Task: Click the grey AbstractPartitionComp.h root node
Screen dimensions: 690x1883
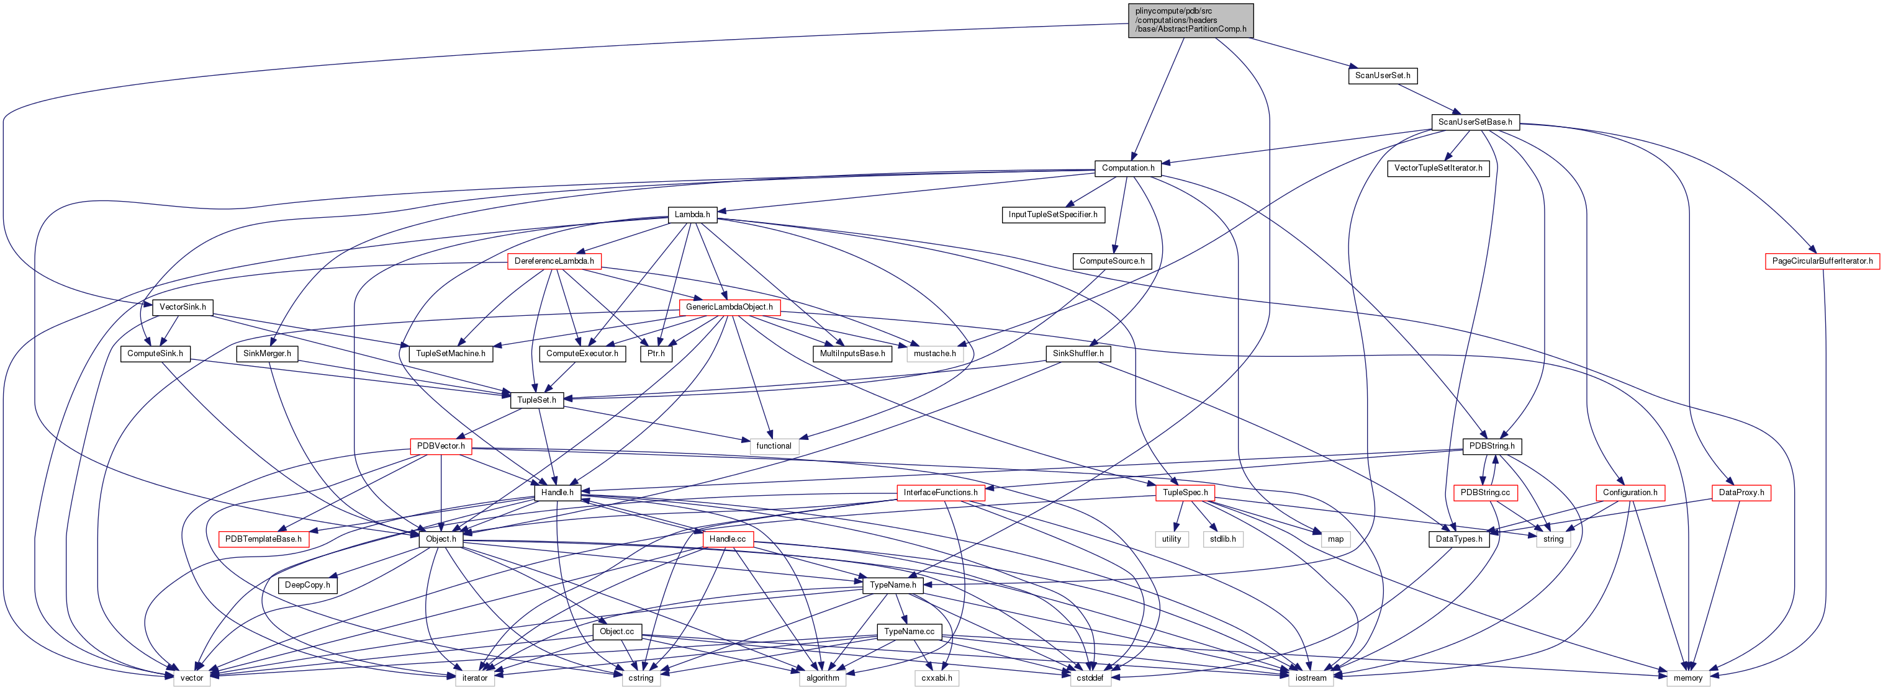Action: coord(1190,20)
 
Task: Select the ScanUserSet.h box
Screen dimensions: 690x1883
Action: coord(1382,75)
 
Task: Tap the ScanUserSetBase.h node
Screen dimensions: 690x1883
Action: coord(1474,122)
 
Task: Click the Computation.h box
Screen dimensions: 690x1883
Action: coord(1128,168)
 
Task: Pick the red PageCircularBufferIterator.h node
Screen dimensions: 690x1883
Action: coord(1822,261)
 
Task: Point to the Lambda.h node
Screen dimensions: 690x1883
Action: coord(692,214)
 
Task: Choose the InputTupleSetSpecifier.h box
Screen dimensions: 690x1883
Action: coord(1052,214)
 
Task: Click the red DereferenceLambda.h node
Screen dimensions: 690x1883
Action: coord(554,261)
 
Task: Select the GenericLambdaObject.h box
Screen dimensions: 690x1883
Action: coord(729,307)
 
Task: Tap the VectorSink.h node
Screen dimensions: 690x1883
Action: coord(183,307)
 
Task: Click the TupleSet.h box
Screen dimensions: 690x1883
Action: coord(536,400)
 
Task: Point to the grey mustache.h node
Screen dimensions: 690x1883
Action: coord(934,354)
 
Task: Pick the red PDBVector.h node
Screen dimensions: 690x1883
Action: coord(441,446)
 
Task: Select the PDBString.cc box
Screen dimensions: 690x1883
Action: coord(1484,493)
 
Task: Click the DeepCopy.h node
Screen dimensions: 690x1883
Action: coord(307,585)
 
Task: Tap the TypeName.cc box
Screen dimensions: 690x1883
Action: coord(909,632)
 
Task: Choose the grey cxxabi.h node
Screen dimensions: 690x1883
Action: coord(936,678)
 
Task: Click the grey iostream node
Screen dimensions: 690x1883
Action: coord(1311,678)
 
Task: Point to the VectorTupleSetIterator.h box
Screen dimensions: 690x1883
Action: coord(1438,168)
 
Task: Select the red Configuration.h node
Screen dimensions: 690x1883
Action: coord(1629,493)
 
